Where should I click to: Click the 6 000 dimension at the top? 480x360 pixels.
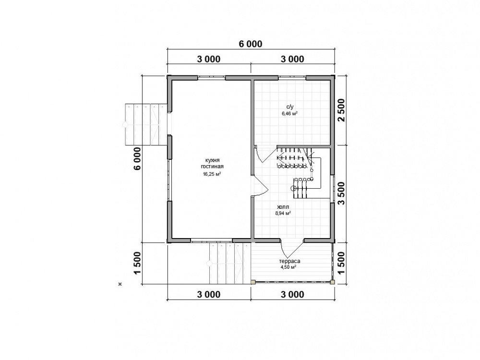point(251,44)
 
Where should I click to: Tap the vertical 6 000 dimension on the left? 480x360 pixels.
point(137,158)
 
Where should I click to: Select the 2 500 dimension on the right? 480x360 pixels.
point(341,110)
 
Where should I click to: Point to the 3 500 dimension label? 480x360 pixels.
point(341,193)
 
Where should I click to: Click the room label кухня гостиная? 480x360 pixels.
point(212,164)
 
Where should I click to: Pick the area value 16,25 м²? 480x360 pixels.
point(212,174)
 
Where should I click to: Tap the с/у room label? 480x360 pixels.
point(290,107)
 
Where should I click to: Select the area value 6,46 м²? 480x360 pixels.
point(290,114)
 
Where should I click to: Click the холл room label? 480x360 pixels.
point(283,207)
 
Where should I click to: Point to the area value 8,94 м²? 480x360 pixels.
point(283,214)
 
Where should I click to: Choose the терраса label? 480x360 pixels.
point(289,262)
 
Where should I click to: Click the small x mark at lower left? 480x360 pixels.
point(120,284)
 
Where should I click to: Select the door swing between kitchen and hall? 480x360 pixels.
point(260,186)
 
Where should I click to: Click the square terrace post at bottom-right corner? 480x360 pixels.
point(332,282)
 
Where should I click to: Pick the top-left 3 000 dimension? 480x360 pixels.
point(208,59)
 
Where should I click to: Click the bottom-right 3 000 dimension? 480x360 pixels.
point(292,295)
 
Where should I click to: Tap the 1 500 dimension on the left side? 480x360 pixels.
point(137,263)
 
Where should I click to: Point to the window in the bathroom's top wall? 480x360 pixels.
point(292,77)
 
